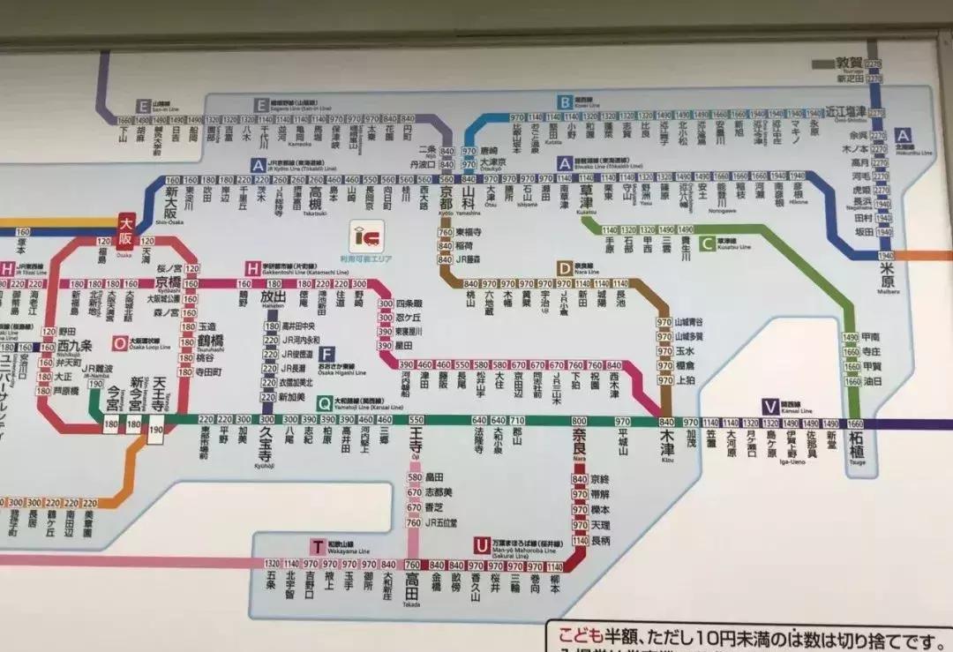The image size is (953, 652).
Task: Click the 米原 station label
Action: (887, 274)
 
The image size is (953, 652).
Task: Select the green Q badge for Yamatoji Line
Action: (325, 403)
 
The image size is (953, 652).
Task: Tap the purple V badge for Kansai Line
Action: (770, 407)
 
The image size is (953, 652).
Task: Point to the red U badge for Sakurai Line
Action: (481, 545)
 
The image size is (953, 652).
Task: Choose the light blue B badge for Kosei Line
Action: (565, 102)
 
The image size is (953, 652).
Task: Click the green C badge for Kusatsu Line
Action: (707, 244)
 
